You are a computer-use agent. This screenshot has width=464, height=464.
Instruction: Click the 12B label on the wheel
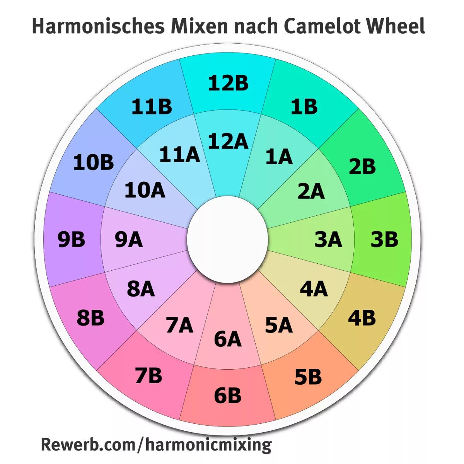pyautogui.click(x=228, y=83)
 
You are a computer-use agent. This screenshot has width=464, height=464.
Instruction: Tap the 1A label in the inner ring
pyautogui.click(x=279, y=157)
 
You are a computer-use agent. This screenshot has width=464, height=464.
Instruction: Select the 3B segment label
pyautogui.click(x=384, y=239)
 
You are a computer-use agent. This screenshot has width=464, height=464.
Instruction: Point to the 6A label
pyautogui.click(x=228, y=339)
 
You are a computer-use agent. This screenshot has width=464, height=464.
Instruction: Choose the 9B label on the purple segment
pyautogui.click(x=71, y=239)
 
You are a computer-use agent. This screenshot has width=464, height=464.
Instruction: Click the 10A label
pyautogui.click(x=145, y=190)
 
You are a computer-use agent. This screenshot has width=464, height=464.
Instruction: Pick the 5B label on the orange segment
pyautogui.click(x=308, y=377)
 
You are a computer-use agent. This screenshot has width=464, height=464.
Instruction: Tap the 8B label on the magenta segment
pyautogui.click(x=90, y=318)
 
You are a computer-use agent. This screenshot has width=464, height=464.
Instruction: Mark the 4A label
pyautogui.click(x=314, y=289)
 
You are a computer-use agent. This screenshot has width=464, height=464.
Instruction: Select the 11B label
pyautogui.click(x=152, y=107)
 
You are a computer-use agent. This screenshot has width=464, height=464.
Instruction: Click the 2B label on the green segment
pyautogui.click(x=362, y=167)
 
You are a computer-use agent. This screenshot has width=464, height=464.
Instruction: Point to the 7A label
pyautogui.click(x=179, y=325)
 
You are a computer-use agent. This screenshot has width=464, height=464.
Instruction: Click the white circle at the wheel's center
pyautogui.click(x=227, y=239)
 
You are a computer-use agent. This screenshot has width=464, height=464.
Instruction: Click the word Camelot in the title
pyautogui.click(x=322, y=26)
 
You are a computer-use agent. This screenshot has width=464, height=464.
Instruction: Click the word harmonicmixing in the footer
pyautogui.click(x=209, y=445)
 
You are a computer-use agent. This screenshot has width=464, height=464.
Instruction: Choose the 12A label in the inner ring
pyautogui.click(x=228, y=141)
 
